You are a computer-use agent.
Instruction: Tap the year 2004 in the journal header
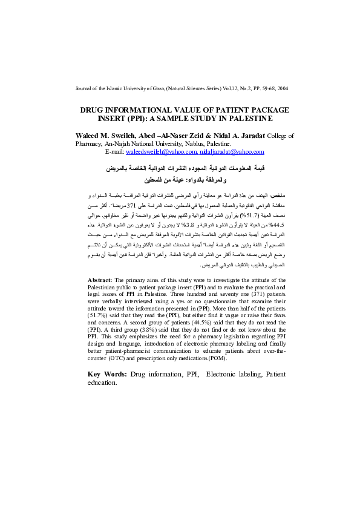coord(282,88)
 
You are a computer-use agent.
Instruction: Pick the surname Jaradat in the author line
coord(248,136)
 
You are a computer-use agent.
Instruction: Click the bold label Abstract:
coord(100,281)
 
